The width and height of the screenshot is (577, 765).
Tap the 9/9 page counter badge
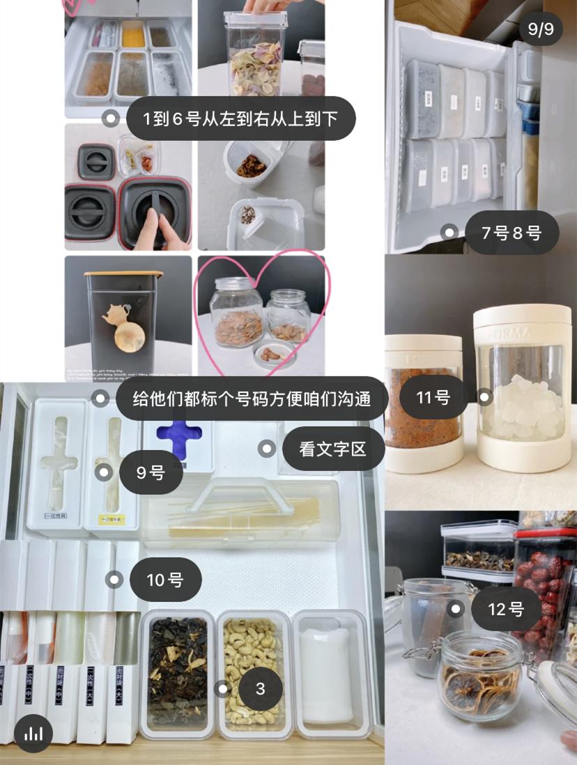(x=541, y=29)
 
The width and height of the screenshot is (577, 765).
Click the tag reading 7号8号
(x=511, y=233)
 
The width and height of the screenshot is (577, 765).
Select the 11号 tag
(x=433, y=398)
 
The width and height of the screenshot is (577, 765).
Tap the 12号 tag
(x=506, y=610)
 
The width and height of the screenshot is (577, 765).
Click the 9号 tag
(x=151, y=473)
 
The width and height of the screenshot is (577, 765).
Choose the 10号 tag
(x=165, y=580)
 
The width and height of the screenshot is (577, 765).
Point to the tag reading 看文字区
(x=332, y=449)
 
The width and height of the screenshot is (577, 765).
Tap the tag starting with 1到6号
(x=240, y=118)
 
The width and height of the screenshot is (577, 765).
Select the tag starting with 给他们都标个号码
(x=250, y=399)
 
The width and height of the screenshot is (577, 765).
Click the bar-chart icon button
(x=33, y=733)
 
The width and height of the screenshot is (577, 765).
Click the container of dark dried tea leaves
(x=177, y=672)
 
